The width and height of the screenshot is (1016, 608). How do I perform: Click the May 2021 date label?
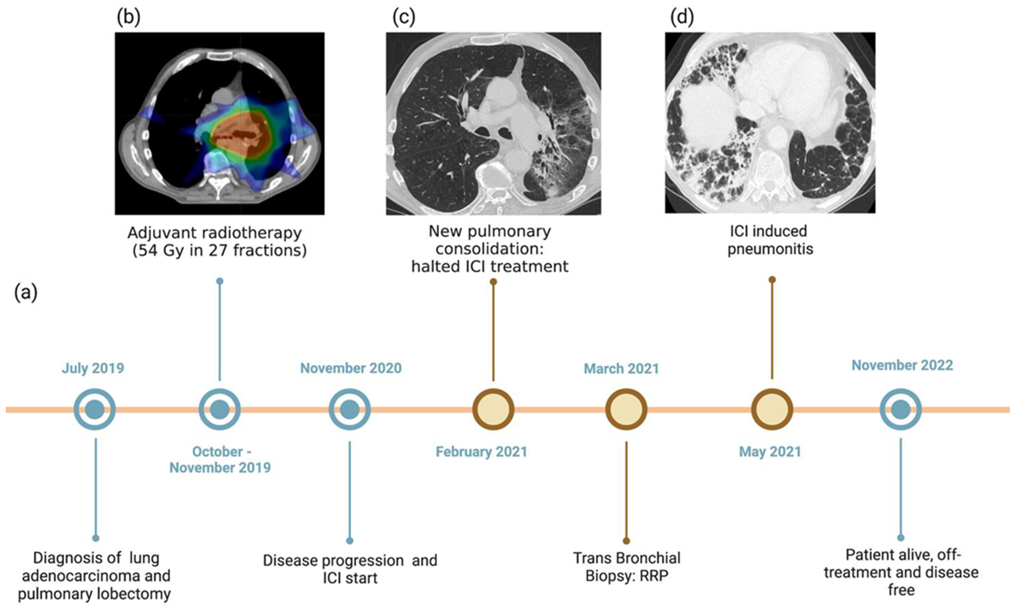pyautogui.click(x=770, y=452)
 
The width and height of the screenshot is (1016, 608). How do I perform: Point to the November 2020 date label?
pyautogui.click(x=351, y=368)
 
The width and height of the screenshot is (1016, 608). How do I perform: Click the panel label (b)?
pyautogui.click(x=128, y=18)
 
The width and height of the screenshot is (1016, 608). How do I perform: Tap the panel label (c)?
pyautogui.click(x=403, y=18)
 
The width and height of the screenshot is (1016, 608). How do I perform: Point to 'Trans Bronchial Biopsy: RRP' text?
pyautogui.click(x=626, y=567)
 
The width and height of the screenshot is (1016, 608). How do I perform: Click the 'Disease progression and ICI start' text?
pyautogui.click(x=350, y=569)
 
